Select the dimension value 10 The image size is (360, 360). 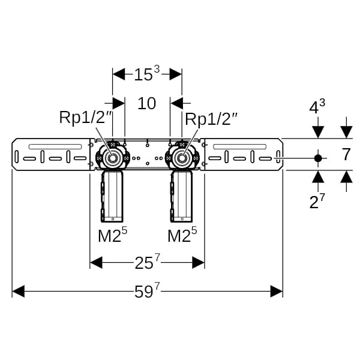pos(147,103)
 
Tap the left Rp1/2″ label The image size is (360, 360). pos(86,118)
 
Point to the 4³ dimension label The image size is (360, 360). pos(317,108)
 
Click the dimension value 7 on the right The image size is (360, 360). pos(346,155)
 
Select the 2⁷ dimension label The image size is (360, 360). pos(317,202)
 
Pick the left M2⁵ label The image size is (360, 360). pos(113,235)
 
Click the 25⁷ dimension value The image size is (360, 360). pos(148,262)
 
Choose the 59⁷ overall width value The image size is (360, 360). pos(148,292)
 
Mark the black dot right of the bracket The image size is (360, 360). pos(318,158)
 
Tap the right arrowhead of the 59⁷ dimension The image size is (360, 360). pos(277,292)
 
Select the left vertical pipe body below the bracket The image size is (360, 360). pos(112,195)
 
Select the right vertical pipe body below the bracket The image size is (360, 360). pos(182,195)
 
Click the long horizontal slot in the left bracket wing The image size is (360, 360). pos(55,146)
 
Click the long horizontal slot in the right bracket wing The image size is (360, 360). pos(239,146)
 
